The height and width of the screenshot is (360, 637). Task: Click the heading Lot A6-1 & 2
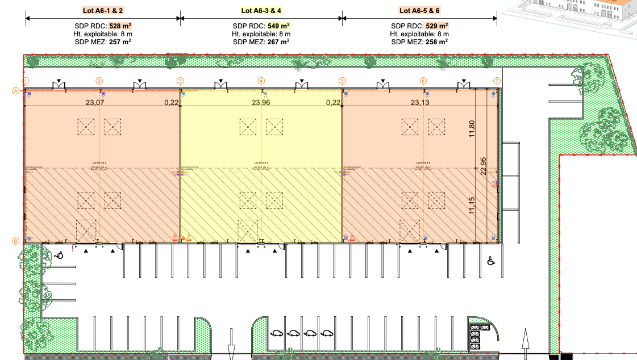tap(102, 10)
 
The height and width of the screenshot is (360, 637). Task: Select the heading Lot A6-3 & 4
tap(261, 10)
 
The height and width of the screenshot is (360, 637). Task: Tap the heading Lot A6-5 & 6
tap(419, 10)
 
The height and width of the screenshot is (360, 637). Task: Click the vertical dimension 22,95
tap(484, 166)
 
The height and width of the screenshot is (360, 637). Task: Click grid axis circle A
tap(16, 90)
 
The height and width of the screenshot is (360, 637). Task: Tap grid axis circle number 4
tap(261, 81)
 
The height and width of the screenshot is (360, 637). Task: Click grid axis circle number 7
tap(497, 81)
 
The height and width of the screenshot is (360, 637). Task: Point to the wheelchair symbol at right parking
tap(490, 261)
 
